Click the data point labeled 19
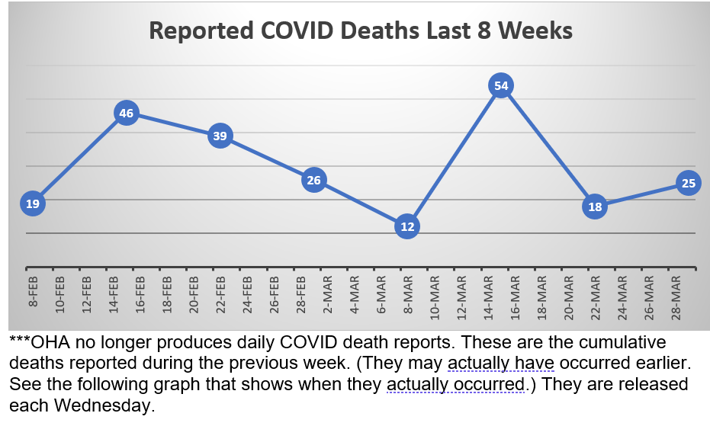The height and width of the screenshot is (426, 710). (33, 203)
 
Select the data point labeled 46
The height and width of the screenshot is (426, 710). (127, 114)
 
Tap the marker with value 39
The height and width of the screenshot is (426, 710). (220, 136)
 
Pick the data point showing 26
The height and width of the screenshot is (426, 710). (313, 181)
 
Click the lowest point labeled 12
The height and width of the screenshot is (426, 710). (407, 226)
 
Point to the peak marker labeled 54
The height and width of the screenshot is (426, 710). (501, 86)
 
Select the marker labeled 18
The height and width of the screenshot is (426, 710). (595, 207)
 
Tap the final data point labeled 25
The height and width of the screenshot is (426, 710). (688, 183)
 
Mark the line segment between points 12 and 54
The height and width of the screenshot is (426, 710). (455, 156)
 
